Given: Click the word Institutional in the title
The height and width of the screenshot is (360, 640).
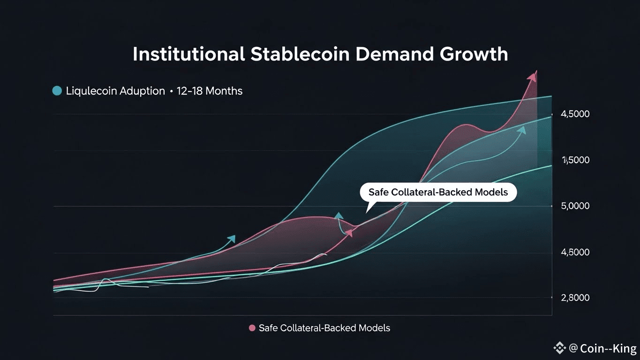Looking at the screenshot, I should (x=188, y=54).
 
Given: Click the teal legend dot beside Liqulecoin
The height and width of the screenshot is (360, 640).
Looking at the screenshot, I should (x=57, y=91).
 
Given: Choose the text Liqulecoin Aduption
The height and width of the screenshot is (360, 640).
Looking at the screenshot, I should (x=115, y=91).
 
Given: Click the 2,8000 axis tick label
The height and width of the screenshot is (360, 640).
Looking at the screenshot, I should (x=575, y=298).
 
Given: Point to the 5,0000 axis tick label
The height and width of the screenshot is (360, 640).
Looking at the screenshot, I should (x=575, y=206).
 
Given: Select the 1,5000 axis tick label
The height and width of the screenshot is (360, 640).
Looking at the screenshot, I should (x=575, y=160).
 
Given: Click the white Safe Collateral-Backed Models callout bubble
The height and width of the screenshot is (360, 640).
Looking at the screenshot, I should (x=438, y=192).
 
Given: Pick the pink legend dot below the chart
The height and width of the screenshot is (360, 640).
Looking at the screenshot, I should (x=252, y=328).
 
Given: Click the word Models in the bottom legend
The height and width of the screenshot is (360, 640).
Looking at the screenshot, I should (x=374, y=328).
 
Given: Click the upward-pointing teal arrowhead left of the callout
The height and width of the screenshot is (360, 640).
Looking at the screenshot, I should (x=339, y=216).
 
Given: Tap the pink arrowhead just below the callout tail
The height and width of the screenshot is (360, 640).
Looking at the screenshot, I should (x=349, y=232).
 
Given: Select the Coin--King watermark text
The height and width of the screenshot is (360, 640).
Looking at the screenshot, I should (x=608, y=348).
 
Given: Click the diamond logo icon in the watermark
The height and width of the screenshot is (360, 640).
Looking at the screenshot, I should (x=559, y=348).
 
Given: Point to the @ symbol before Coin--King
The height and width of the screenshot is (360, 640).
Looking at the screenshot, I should (x=573, y=348).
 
